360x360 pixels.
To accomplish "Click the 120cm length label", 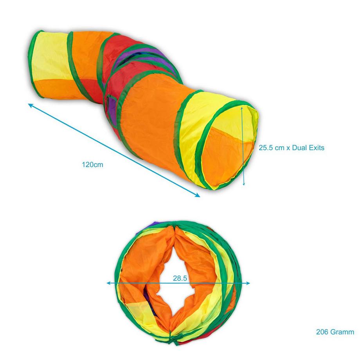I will click(92, 165).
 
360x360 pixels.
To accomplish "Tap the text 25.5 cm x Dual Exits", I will click(292, 148).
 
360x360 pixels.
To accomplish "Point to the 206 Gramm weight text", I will click(335, 332).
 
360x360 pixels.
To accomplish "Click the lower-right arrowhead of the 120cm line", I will click(198, 196).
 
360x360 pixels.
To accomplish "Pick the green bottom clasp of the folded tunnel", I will click(171, 334).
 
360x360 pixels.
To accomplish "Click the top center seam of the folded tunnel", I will click(172, 226).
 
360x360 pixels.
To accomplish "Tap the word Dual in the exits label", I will click(299, 148).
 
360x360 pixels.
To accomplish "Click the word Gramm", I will click(342, 332).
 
